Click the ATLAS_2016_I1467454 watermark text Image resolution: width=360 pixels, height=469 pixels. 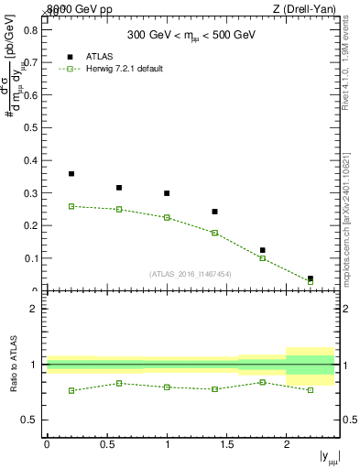(x=190, y=274)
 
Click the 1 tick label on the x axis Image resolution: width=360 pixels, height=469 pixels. (x=167, y=444)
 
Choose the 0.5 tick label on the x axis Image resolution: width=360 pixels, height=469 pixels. (x=106, y=444)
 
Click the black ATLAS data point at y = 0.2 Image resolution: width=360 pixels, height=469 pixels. (x=71, y=173)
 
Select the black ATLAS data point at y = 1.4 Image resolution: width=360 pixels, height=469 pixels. (x=214, y=212)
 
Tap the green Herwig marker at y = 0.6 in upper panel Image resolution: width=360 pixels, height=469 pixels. (x=119, y=209)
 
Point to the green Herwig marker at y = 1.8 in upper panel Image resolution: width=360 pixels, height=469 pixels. (x=262, y=258)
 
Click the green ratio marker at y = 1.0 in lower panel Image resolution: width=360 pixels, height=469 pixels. (x=167, y=387)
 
